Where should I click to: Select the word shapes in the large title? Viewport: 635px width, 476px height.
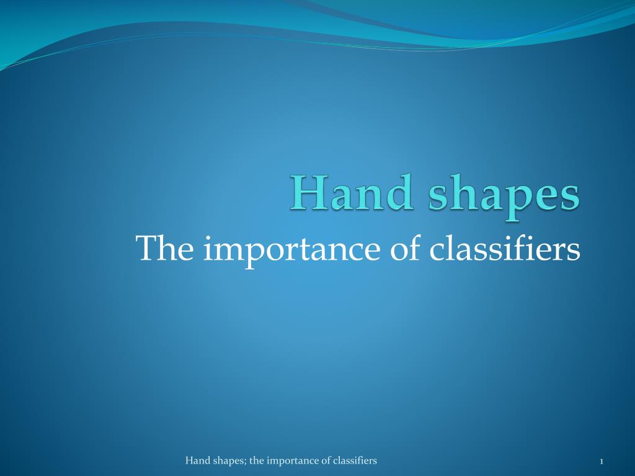tap(504, 197)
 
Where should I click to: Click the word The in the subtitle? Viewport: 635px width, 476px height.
tap(165, 248)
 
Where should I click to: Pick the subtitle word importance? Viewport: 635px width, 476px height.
tap(291, 251)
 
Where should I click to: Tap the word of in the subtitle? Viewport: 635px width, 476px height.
tap(405, 248)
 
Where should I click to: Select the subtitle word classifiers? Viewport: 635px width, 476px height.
tap(505, 248)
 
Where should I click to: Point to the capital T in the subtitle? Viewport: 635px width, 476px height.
tap(147, 248)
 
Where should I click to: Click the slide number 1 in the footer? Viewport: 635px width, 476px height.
tap(602, 461)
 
